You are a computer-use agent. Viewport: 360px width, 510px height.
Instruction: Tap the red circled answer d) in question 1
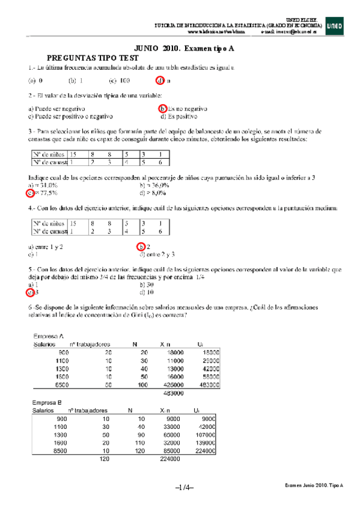pos(160,80)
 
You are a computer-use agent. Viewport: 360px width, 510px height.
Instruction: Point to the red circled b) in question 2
pos(162,109)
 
